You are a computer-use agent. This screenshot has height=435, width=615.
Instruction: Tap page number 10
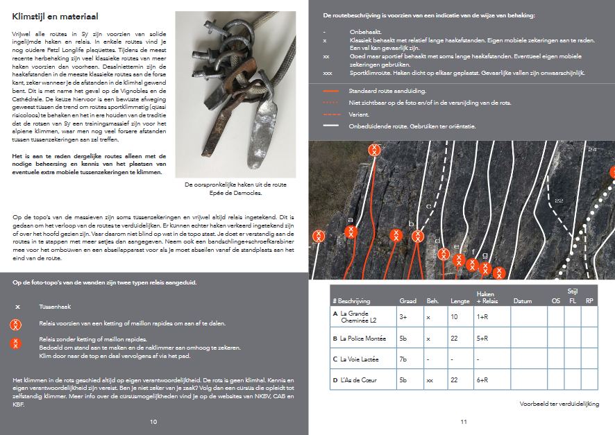[153, 421]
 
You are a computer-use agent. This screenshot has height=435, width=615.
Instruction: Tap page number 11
[463, 421]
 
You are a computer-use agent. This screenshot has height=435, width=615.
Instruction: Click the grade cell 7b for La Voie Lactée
[404, 359]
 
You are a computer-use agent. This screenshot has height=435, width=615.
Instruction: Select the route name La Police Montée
[364, 338]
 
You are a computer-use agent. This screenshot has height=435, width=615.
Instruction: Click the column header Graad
[408, 301]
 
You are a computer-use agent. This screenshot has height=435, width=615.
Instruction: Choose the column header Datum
[522, 301]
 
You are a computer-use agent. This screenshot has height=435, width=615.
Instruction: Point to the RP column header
[589, 301]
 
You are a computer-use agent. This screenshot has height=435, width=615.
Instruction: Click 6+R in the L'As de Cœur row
[484, 380]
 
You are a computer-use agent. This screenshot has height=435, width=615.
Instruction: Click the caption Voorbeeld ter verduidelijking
[559, 404]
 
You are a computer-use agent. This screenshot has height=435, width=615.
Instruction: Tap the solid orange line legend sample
[331, 91]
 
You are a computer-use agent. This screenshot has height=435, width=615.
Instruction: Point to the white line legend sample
[331, 126]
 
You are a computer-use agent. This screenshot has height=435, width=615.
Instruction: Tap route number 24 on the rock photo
[591, 149]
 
